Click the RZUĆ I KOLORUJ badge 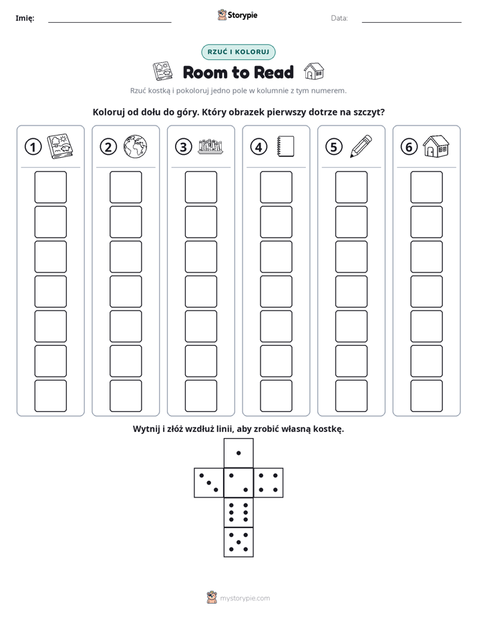(238, 52)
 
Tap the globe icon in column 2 (135, 147)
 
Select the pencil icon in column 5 (361, 146)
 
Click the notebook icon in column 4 (286, 146)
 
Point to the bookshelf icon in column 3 (210, 146)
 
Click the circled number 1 (33, 147)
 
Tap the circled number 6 (409, 147)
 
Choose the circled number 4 (259, 147)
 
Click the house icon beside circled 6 (436, 146)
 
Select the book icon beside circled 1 (60, 147)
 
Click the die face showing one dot (238, 453)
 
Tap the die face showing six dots (238, 512)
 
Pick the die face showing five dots (238, 542)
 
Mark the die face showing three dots (209, 483)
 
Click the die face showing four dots (269, 483)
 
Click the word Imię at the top (25, 18)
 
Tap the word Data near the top (339, 18)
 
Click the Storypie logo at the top (237, 15)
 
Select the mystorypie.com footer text (245, 598)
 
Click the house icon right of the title (314, 71)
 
